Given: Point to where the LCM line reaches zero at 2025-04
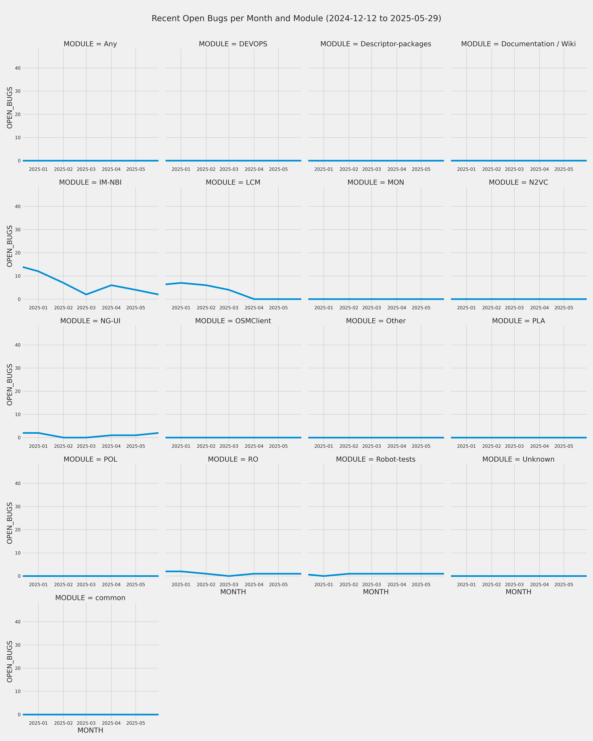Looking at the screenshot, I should pyautogui.click(x=254, y=299).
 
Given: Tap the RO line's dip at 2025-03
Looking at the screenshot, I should pyautogui.click(x=229, y=576).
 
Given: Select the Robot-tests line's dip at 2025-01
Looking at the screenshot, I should pyautogui.click(x=323, y=576).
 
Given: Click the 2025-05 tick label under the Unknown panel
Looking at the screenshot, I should pyautogui.click(x=564, y=585).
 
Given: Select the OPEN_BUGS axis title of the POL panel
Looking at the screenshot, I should pyautogui.click(x=10, y=523).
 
